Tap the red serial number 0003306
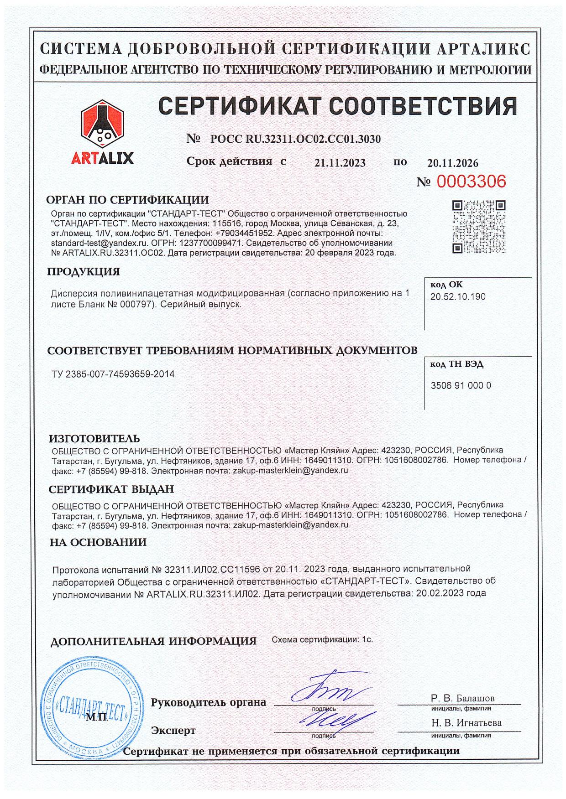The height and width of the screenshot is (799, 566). tap(472, 182)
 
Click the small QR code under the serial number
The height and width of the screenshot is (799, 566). tap(479, 227)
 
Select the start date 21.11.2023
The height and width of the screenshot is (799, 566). tap(340, 163)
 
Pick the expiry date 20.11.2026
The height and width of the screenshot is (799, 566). tap(452, 163)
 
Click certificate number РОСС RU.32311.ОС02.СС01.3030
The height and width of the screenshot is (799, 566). tap(295, 140)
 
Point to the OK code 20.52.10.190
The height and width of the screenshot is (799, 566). tap(458, 297)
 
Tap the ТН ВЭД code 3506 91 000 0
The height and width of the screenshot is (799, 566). tap(461, 385)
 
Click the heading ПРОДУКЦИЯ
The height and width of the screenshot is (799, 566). tap(84, 272)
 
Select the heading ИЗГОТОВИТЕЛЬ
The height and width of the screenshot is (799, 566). tap(94, 439)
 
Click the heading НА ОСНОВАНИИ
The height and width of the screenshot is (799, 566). tap(98, 542)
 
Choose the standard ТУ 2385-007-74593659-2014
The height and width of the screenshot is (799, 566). tap(113, 374)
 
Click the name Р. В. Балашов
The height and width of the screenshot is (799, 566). tap(462, 698)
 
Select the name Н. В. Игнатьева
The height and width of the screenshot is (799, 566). tap(466, 723)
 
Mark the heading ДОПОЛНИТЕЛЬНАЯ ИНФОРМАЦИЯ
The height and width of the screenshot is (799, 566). tap(153, 641)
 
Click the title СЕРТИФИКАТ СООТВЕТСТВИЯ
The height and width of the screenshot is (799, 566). tap(338, 106)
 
